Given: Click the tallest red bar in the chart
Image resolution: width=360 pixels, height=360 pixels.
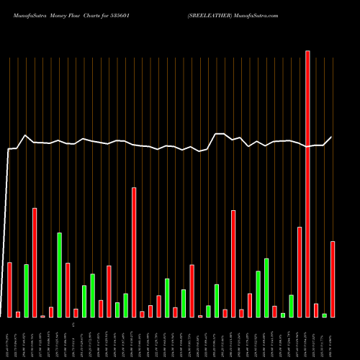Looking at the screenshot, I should [x=307, y=184].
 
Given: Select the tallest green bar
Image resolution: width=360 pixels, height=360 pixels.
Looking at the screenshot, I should [x=60, y=274].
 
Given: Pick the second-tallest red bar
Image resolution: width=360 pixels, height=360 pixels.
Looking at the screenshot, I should [x=134, y=252].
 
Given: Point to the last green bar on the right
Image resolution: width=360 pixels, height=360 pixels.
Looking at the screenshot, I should [x=324, y=315].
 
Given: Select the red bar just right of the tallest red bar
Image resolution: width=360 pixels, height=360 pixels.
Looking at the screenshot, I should [x=316, y=310].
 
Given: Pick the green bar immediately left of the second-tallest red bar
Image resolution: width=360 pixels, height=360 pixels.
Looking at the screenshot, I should [x=126, y=305].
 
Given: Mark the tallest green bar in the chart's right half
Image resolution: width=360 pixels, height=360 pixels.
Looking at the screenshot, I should [x=266, y=287].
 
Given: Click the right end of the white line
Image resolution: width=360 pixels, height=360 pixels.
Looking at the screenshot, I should [x=333, y=137].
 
